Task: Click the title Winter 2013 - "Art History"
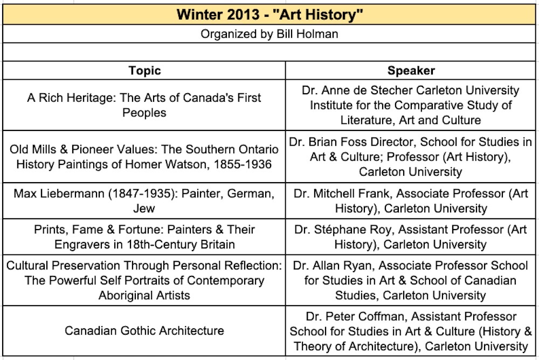point(269,14)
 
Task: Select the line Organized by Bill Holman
point(269,34)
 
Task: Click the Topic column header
point(144,71)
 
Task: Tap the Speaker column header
point(411,71)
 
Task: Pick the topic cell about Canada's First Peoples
point(144,105)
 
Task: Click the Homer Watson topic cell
point(144,156)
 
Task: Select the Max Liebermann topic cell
point(144,200)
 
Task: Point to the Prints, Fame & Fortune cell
point(144,237)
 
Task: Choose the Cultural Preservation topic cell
point(144,280)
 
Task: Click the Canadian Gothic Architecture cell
point(144,330)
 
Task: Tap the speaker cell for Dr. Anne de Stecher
point(411,105)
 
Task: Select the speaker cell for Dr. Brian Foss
point(411,157)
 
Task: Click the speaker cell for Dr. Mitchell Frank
point(411,200)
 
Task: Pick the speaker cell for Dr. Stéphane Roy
point(411,237)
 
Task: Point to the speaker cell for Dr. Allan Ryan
point(411,280)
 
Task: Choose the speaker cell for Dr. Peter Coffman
point(411,331)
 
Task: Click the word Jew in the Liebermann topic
point(144,207)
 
